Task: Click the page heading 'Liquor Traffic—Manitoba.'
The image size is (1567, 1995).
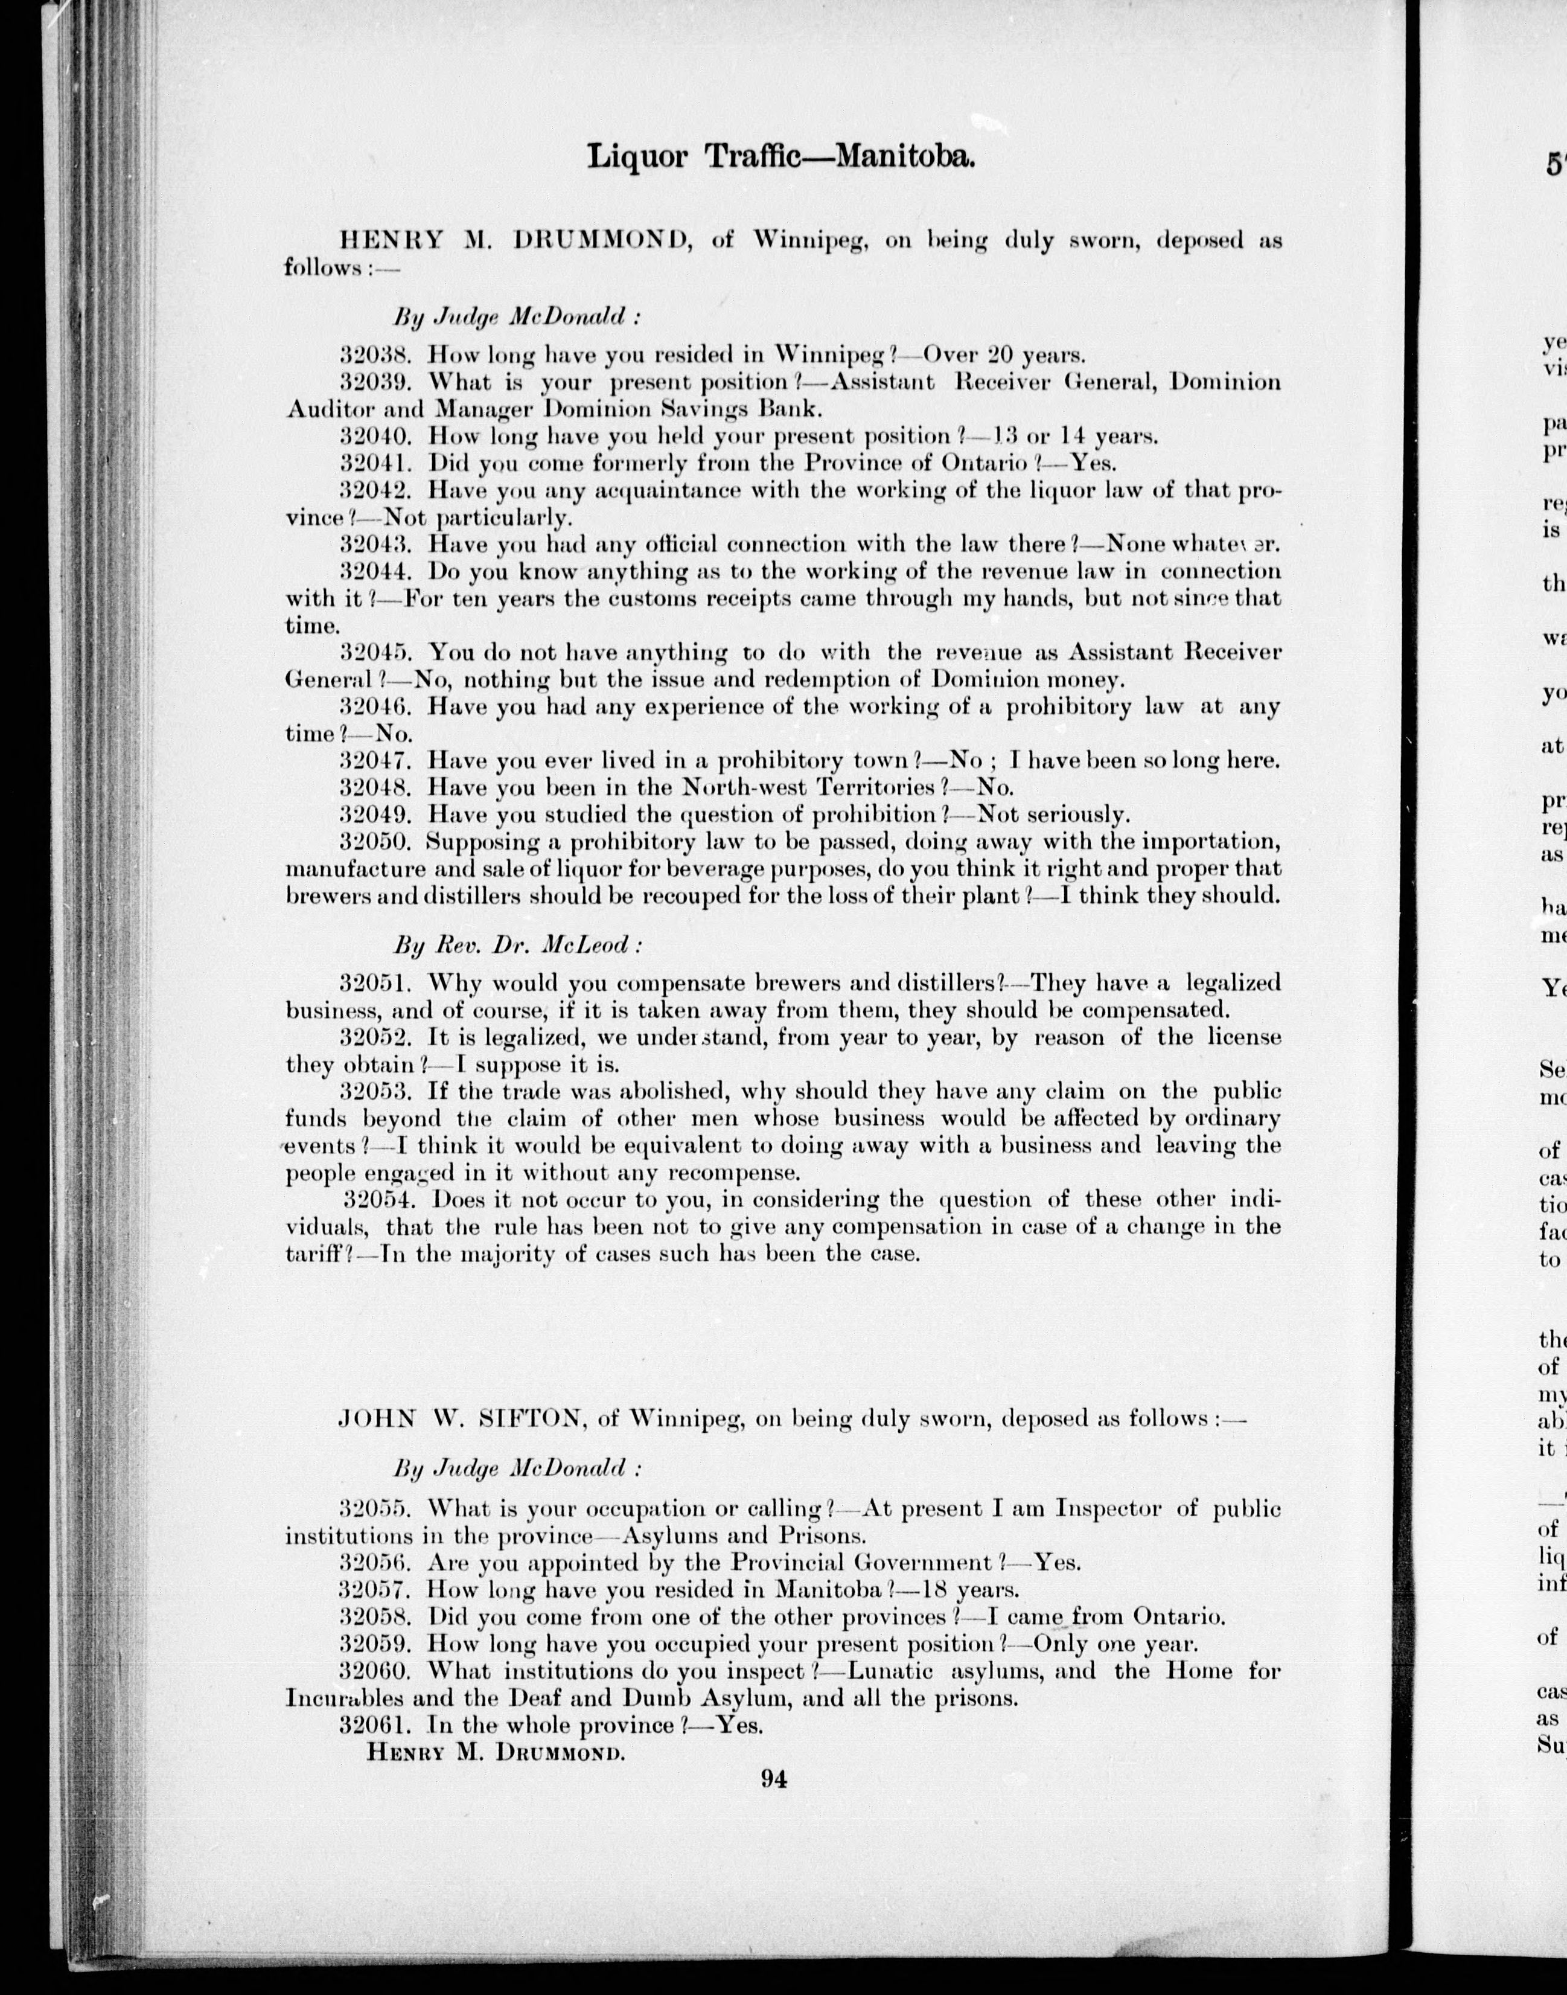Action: pos(780,157)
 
